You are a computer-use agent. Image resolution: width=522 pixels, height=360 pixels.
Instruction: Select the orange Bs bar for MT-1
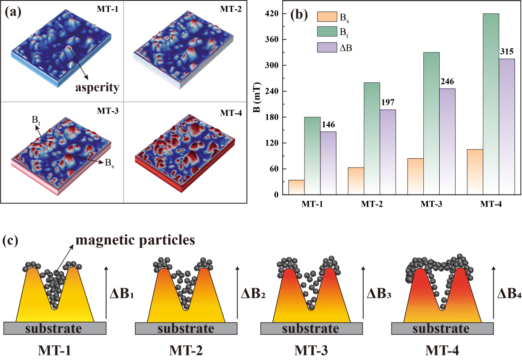pyautogui.click(x=296, y=187)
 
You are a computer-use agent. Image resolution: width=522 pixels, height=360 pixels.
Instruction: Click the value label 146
pyautogui.click(x=328, y=125)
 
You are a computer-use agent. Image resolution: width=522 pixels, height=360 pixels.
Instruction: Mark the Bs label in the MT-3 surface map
pyautogui.click(x=108, y=165)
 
